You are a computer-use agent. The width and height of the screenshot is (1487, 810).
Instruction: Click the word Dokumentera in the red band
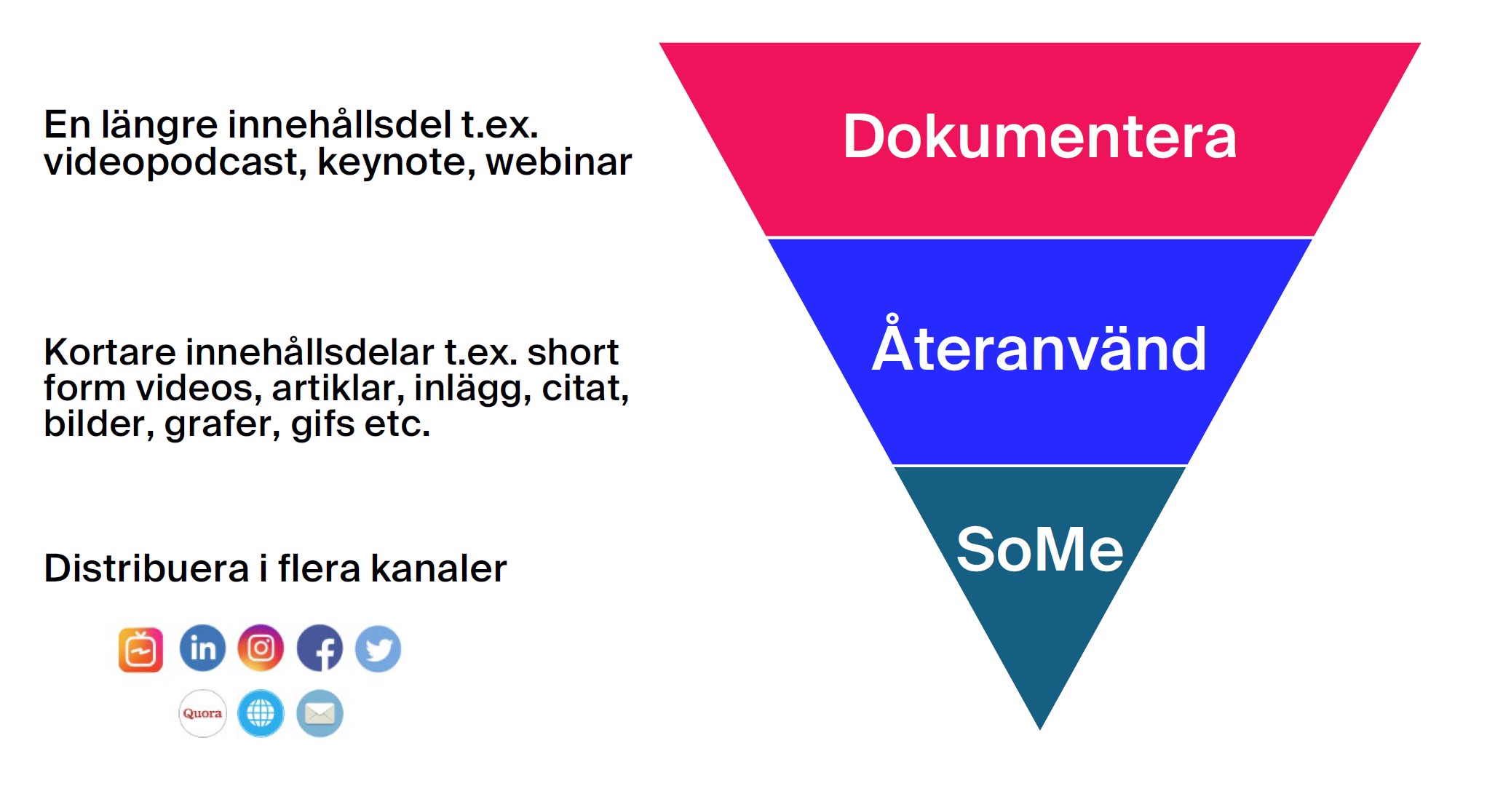point(1039,137)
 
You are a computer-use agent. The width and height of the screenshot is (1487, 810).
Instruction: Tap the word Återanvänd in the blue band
point(1039,348)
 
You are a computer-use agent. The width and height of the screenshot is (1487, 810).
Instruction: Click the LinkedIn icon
point(202,648)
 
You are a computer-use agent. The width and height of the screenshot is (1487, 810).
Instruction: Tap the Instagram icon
point(261,648)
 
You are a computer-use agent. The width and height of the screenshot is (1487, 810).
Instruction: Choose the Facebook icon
point(320,648)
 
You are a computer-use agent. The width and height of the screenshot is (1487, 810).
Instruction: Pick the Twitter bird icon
point(378,648)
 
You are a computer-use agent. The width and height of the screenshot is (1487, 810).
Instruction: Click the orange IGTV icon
point(140,649)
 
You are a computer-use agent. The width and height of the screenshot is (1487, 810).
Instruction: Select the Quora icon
point(202,713)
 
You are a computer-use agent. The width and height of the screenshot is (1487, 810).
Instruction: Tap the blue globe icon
point(261,713)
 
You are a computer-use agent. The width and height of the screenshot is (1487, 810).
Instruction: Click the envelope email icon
point(320,713)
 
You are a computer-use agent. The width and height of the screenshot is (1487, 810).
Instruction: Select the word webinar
point(559,162)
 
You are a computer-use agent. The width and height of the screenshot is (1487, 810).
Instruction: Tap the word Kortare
point(109,352)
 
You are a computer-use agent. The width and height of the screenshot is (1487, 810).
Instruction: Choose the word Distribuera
point(146,568)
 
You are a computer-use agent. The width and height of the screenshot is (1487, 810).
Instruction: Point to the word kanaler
point(438,568)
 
